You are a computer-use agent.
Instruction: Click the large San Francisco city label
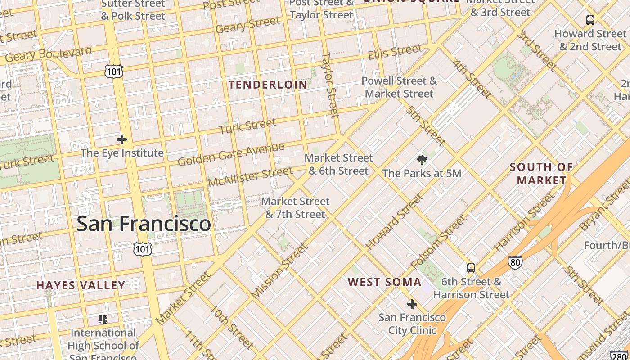tap(144, 224)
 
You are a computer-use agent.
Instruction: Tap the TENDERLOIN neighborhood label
tap(268, 85)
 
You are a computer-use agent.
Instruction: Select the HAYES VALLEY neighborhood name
tap(81, 285)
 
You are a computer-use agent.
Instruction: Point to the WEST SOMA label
tap(385, 282)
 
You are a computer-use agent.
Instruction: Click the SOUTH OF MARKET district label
tap(541, 174)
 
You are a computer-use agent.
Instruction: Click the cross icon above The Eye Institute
tap(121, 139)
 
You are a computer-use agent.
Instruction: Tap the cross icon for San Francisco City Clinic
tap(412, 304)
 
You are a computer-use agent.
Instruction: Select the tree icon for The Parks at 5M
tap(422, 160)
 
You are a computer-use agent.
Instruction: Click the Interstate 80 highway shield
tap(515, 262)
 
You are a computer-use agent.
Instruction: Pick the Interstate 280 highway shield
tap(620, 355)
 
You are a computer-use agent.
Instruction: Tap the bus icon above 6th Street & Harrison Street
tap(471, 268)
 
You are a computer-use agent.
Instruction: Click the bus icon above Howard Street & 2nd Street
tap(590, 20)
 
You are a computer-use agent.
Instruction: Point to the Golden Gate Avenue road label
tap(231, 154)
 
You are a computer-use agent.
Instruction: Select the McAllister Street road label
tap(250, 177)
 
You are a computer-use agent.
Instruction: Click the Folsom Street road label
tap(438, 242)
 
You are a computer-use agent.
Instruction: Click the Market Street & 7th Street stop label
tap(296, 207)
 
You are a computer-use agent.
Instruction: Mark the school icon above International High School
tap(103, 319)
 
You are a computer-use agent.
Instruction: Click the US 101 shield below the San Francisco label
tap(142, 249)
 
